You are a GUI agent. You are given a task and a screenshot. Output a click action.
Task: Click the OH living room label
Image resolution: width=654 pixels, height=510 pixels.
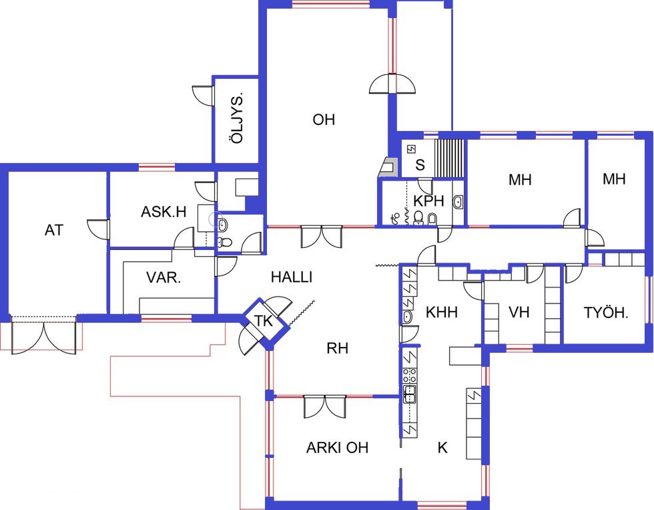[324, 120]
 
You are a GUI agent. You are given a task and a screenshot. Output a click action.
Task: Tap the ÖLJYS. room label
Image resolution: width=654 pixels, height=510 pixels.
[236, 118]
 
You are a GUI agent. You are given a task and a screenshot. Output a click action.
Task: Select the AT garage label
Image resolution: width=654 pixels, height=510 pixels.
[54, 230]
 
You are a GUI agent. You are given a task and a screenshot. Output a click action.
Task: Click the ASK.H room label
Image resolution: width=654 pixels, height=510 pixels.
[163, 212]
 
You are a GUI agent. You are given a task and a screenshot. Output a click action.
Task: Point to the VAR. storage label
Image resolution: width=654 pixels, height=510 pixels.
[163, 278]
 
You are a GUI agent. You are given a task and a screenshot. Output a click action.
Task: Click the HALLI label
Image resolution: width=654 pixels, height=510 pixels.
[292, 277]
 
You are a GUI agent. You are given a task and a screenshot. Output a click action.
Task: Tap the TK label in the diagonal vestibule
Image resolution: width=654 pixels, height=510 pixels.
[264, 322]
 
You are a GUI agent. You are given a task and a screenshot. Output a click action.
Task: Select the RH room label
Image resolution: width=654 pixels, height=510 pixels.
[338, 348]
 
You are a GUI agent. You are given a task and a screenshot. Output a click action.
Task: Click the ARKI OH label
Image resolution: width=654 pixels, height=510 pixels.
[337, 448]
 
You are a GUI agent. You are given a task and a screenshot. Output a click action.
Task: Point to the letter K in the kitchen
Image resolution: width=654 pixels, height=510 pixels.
[442, 448]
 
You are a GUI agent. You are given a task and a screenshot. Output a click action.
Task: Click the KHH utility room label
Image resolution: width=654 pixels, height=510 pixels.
[442, 312]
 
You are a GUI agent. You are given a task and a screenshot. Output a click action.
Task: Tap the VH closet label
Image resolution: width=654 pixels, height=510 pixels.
[519, 312]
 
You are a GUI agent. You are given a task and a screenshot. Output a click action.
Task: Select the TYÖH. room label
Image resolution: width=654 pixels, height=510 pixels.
[606, 312]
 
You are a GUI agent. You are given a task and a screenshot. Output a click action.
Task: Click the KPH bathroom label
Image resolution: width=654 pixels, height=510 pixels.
[428, 201]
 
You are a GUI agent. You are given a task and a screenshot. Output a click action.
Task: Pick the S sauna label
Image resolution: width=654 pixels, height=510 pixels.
[420, 165]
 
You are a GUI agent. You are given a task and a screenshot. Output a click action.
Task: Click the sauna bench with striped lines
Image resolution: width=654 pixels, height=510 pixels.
[449, 158]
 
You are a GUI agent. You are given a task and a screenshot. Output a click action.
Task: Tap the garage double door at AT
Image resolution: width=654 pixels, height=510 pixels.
[44, 336]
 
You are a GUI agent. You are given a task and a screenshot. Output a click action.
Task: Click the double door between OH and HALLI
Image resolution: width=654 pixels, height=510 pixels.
[322, 237]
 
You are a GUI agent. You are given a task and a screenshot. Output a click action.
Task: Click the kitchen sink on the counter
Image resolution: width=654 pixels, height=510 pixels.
[409, 394]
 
